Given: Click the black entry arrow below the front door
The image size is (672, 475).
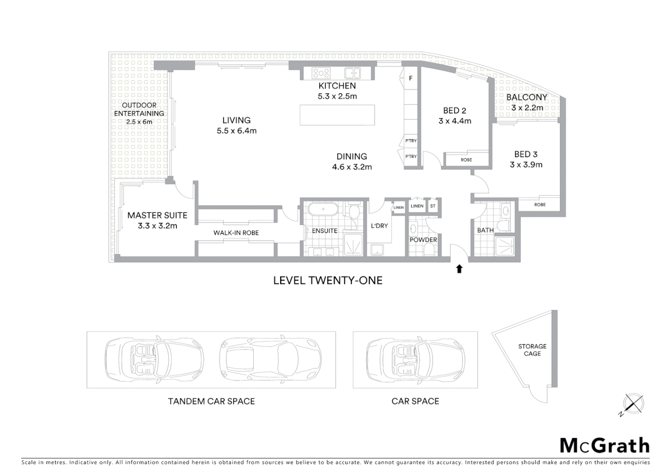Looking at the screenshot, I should click(x=459, y=269).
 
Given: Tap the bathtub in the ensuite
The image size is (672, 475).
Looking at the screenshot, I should click(x=323, y=209).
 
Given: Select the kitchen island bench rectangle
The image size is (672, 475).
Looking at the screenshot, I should click(x=337, y=115).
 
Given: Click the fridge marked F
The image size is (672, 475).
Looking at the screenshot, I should click(x=411, y=78).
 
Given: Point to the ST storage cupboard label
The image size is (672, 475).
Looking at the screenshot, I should click(x=433, y=206).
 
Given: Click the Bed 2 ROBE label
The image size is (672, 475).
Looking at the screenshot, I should click(x=466, y=160).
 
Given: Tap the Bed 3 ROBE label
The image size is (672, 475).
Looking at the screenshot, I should click(x=540, y=205).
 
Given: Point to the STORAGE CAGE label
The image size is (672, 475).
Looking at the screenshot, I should click(x=532, y=350).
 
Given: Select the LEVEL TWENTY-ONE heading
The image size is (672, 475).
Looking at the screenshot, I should click(x=328, y=281).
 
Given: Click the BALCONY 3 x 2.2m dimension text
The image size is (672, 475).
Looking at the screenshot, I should click(x=527, y=108).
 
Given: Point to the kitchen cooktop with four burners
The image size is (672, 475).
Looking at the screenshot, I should click(x=321, y=73).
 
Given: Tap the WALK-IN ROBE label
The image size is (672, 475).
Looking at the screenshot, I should click(x=236, y=233).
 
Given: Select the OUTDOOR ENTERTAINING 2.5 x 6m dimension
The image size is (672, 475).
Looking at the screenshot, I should click(x=139, y=122).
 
